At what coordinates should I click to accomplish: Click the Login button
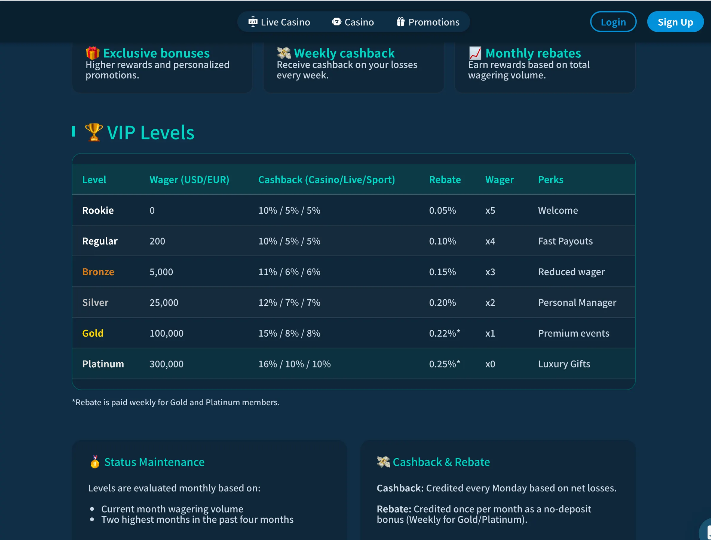613,22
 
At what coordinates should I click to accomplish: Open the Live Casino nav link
279,22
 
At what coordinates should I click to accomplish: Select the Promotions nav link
428,22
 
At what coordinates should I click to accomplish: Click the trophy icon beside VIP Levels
94,132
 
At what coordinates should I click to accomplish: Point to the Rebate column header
445,179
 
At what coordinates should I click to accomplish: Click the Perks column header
550,179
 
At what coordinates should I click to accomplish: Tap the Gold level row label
93,333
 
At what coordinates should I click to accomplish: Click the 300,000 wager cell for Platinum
166,364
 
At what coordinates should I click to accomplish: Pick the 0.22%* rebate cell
444,333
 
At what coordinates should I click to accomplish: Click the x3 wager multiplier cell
490,272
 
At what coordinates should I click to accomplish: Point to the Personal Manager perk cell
577,303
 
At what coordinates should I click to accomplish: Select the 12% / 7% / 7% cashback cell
289,303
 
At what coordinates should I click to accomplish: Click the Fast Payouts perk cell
565,241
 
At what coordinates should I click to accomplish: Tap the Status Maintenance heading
154,462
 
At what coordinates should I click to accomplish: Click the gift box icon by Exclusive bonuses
93,53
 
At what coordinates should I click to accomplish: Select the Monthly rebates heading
533,53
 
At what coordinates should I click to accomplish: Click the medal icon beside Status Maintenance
95,462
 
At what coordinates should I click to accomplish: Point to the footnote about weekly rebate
176,402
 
